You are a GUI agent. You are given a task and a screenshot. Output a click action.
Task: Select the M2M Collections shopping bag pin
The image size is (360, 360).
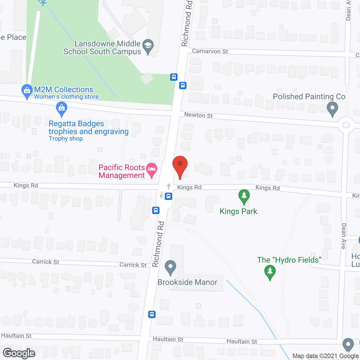27,91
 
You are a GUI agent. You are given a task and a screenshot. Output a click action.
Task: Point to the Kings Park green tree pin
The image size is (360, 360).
244,196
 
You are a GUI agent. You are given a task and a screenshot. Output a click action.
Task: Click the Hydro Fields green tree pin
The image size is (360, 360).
270,272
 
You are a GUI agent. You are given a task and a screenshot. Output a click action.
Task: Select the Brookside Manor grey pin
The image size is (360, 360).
170,267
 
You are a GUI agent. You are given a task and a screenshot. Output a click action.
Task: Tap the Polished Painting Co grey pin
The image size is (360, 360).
332,109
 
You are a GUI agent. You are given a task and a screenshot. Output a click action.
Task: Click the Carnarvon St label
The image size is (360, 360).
210,51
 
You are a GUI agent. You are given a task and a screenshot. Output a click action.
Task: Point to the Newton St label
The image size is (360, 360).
198,115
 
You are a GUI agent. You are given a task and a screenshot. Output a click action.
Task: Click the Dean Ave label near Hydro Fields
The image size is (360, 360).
343,236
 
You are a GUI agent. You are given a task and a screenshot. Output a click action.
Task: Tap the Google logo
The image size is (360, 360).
19,353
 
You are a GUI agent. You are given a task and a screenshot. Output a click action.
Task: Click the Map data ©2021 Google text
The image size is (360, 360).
325,356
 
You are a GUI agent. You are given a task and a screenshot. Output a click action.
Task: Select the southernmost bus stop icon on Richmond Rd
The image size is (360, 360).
152,314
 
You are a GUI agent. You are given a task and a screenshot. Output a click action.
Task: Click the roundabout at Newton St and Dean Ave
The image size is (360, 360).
346,125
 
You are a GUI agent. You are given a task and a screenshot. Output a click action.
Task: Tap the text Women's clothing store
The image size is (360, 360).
66,97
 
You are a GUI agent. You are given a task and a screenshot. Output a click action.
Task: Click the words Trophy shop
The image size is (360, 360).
66,139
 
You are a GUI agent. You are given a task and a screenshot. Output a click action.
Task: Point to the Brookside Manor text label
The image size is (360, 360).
187,282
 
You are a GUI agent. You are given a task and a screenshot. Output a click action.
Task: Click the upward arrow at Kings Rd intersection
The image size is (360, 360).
169,186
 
